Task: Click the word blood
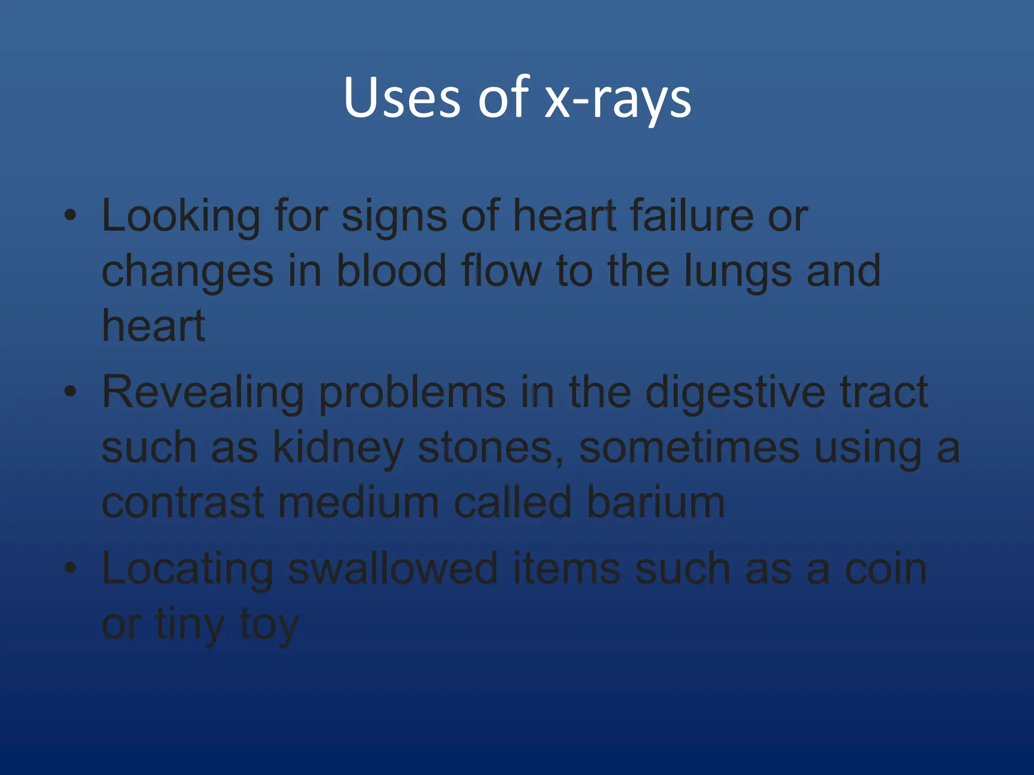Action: point(391,271)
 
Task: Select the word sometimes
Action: point(689,448)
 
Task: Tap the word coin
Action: point(886,569)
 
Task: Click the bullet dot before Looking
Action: point(70,215)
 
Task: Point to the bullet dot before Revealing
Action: point(70,391)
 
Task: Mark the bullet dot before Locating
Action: point(70,568)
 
